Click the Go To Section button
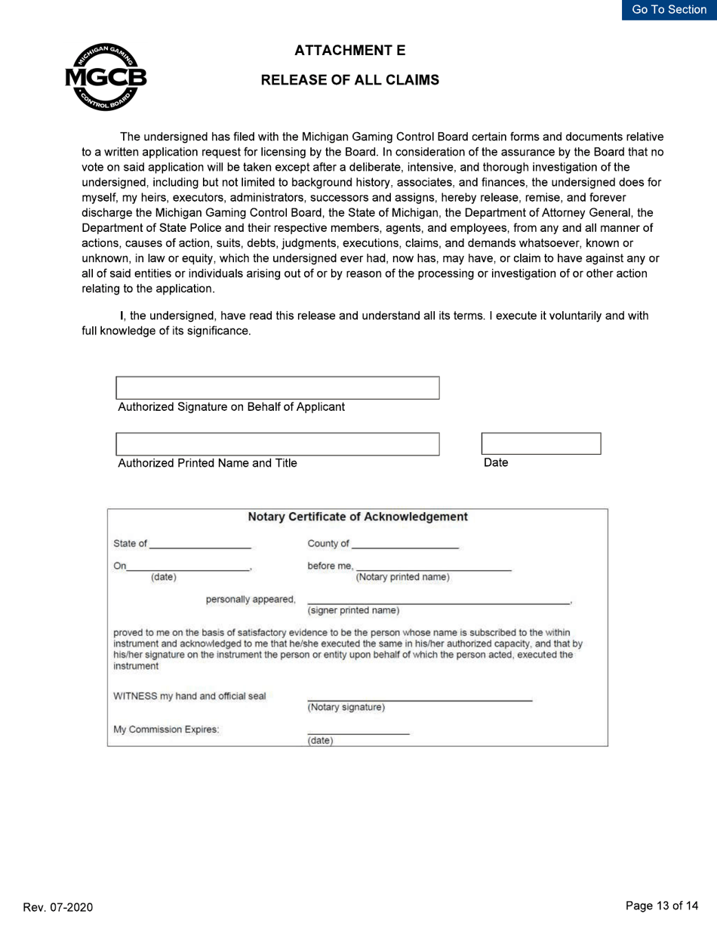pos(669,10)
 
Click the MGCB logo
pos(106,77)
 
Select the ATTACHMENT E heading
pos(349,51)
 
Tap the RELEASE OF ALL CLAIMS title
pos(349,80)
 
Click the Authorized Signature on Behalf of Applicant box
pos(277,387)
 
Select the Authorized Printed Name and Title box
pos(277,444)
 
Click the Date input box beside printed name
pos(540,444)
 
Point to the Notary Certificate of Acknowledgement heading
pos(358,517)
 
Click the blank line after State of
pos(200,544)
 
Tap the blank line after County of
pos(405,544)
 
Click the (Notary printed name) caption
pos(402,578)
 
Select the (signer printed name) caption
pos(353,610)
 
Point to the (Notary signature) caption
pos(346,708)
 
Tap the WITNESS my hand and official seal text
pos(189,696)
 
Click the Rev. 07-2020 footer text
pos(58,907)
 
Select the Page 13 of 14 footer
pos(662,906)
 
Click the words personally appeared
pos(250,600)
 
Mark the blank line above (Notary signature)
pos(420,699)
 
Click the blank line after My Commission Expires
pos(358,733)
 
